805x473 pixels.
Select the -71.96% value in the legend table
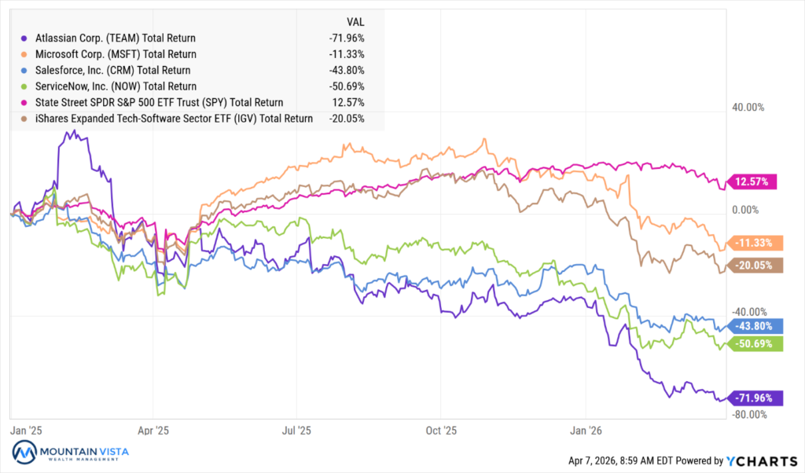[347, 38]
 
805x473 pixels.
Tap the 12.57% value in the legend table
[351, 103]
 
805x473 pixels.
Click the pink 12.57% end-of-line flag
[754, 182]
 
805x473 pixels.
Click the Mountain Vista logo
[71, 454]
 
